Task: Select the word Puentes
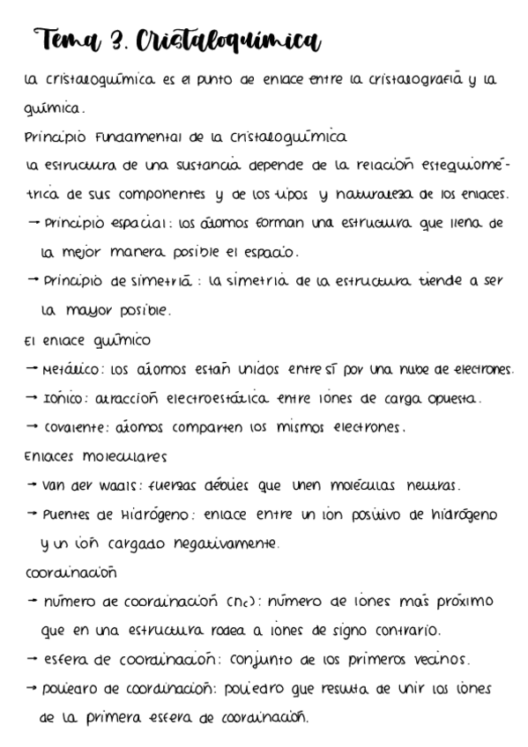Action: tap(68, 514)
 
